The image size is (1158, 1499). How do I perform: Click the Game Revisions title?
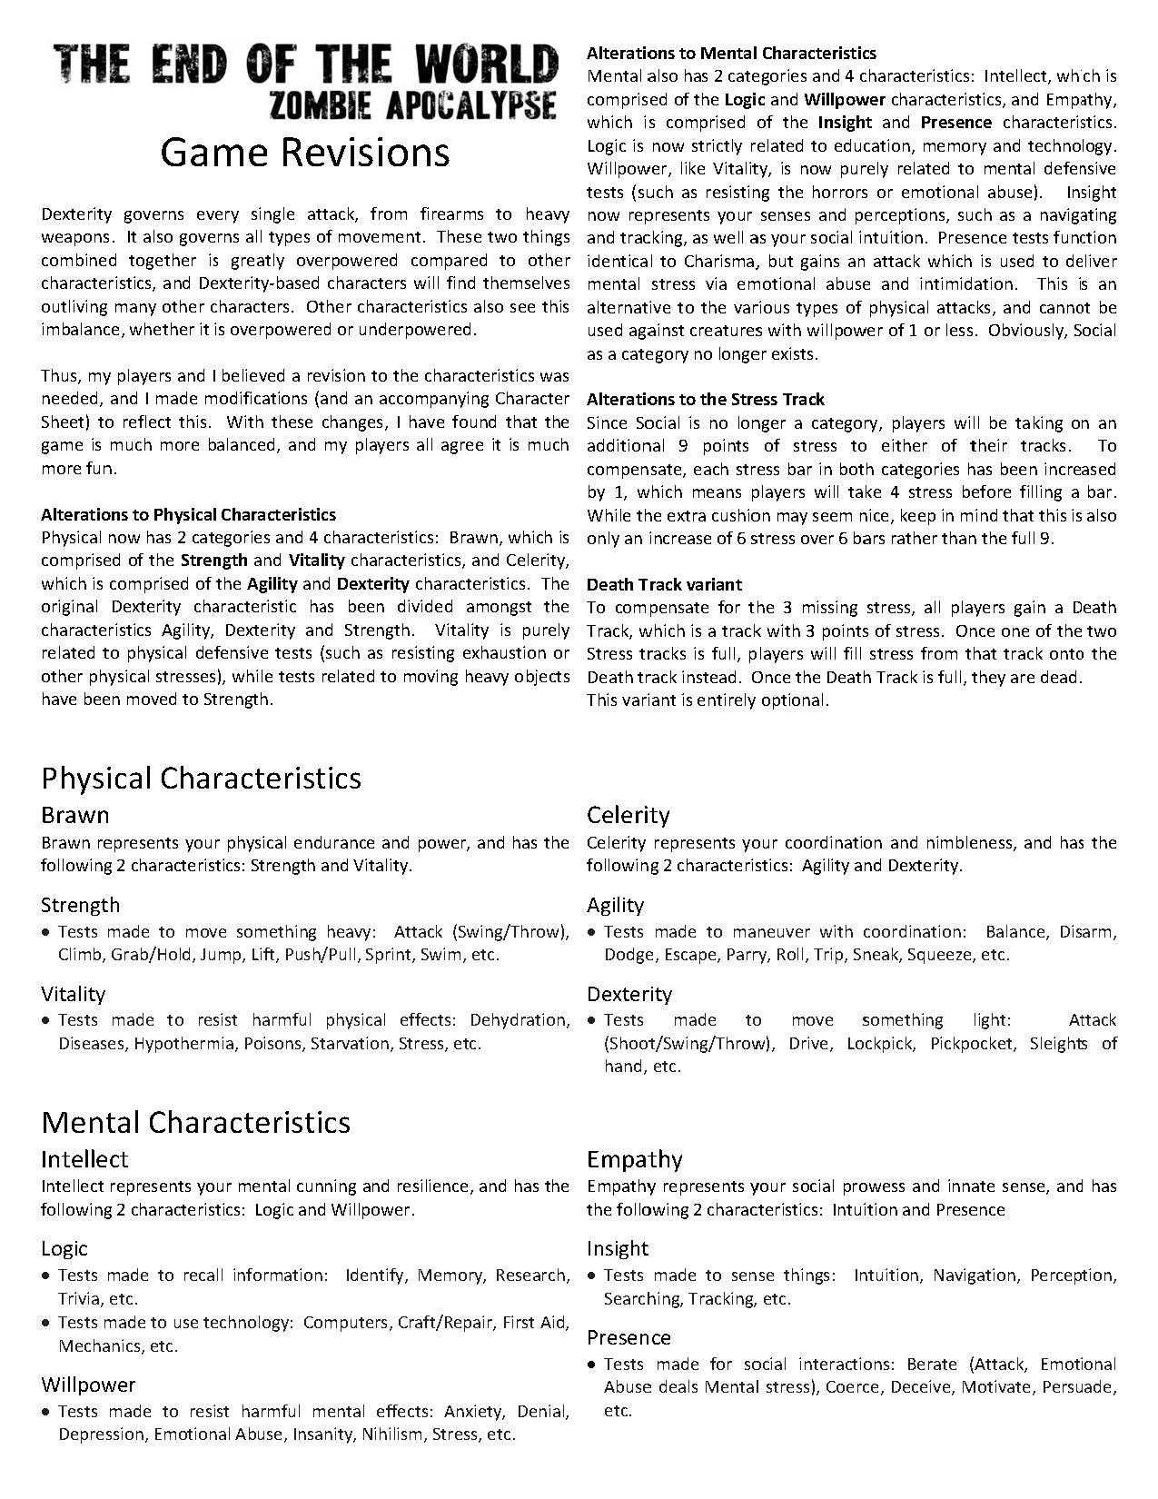tap(304, 153)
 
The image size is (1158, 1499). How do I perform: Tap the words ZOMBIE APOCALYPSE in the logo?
tap(412, 105)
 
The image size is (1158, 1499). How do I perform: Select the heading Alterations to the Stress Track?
tap(705, 399)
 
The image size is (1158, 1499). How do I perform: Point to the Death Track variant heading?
tap(664, 584)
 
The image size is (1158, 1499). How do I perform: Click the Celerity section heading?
tap(628, 815)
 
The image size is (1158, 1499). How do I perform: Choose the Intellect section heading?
tap(84, 1159)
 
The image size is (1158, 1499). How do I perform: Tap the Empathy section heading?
tap(634, 1159)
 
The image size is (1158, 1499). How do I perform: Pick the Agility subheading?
tap(615, 905)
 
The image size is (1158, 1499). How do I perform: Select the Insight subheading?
tap(618, 1248)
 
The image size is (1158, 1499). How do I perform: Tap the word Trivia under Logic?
tap(79, 1299)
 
